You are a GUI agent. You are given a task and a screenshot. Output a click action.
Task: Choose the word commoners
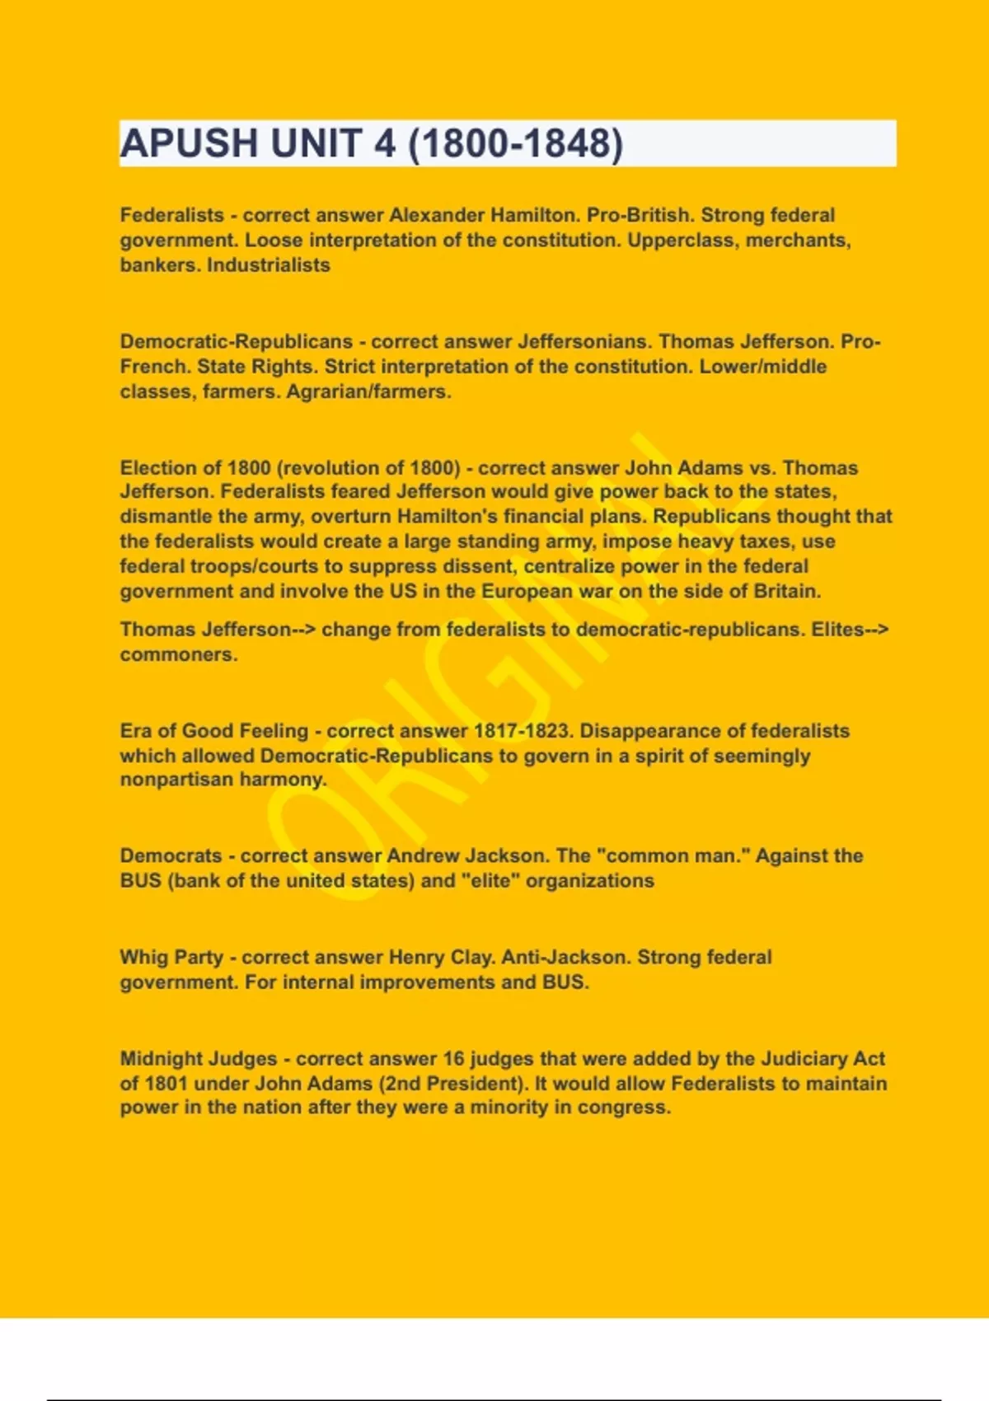pos(178,655)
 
